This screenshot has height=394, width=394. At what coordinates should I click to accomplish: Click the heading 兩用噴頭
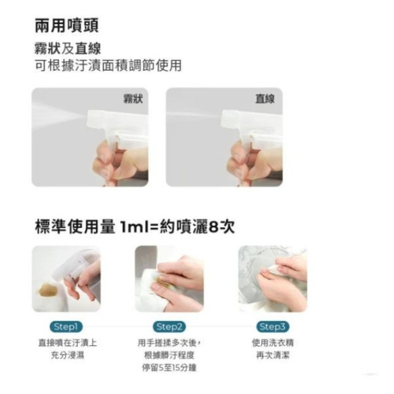pyautogui.click(x=67, y=26)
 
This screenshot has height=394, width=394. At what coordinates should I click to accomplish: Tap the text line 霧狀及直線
pyautogui.click(x=67, y=49)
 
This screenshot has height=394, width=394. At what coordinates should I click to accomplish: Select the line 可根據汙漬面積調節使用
pyautogui.click(x=108, y=66)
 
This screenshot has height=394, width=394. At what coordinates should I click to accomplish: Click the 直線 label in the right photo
pyautogui.click(x=265, y=98)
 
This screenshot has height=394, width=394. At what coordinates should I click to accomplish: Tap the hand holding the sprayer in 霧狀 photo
pyautogui.click(x=114, y=163)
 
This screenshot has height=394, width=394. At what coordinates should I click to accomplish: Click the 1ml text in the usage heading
pyautogui.click(x=136, y=227)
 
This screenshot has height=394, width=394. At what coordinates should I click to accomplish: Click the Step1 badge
pyautogui.click(x=66, y=326)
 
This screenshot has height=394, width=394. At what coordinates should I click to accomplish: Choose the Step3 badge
pyautogui.click(x=273, y=326)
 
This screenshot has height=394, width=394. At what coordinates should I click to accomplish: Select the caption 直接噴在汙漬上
pyautogui.click(x=66, y=343)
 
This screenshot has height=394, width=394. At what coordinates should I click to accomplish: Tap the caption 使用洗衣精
pyautogui.click(x=273, y=343)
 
